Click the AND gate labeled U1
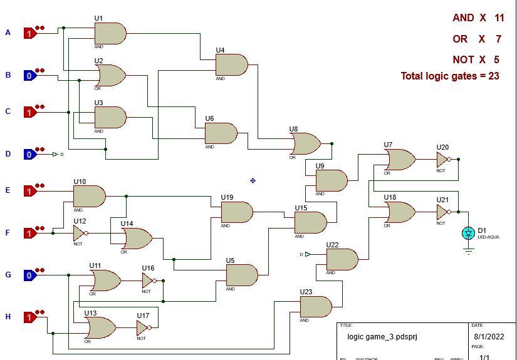click(x=110, y=33)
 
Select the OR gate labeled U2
click(x=110, y=76)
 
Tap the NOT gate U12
click(x=79, y=234)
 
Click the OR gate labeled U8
click(x=305, y=144)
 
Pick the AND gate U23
click(x=315, y=307)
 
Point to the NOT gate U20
click(x=443, y=160)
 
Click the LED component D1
click(x=468, y=233)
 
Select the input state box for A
click(x=29, y=33)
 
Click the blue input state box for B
click(x=29, y=76)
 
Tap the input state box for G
click(x=29, y=275)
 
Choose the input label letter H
click(x=8, y=317)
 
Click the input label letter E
click(x=8, y=190)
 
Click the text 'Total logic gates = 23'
click(x=450, y=76)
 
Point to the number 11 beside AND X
click(x=499, y=18)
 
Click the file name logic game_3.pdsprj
click(x=382, y=336)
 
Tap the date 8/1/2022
click(x=489, y=336)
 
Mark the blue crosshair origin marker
click(x=253, y=180)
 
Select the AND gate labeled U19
click(x=236, y=212)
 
